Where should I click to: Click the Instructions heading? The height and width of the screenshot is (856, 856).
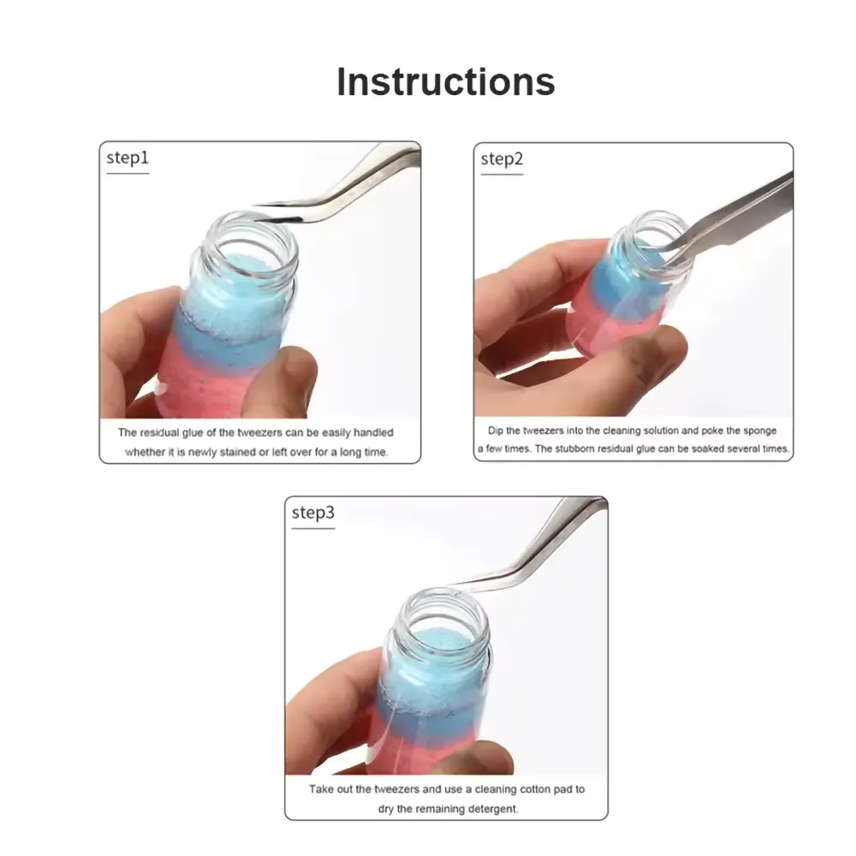tap(445, 82)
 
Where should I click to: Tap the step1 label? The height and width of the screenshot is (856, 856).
tap(128, 158)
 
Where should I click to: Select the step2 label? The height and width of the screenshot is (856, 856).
tap(502, 159)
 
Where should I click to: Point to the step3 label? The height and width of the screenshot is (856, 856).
tap(312, 513)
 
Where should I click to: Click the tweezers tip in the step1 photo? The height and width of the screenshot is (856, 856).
tap(254, 205)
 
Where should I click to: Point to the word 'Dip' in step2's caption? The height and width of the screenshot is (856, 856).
tap(495, 431)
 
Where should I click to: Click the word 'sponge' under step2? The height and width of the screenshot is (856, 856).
tap(758, 431)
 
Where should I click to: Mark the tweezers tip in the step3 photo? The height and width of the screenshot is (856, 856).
tap(453, 584)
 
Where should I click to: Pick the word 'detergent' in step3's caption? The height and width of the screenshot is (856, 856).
tap(494, 809)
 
